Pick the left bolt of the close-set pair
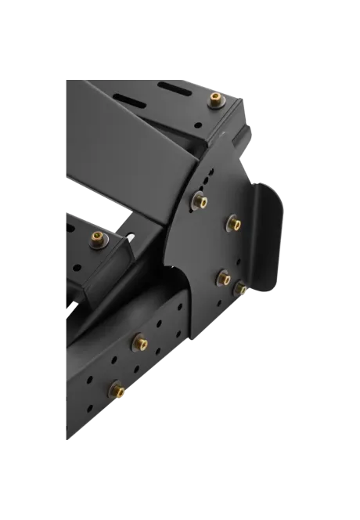[223, 277]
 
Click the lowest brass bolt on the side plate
[242, 290]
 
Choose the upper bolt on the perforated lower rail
[141, 342]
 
